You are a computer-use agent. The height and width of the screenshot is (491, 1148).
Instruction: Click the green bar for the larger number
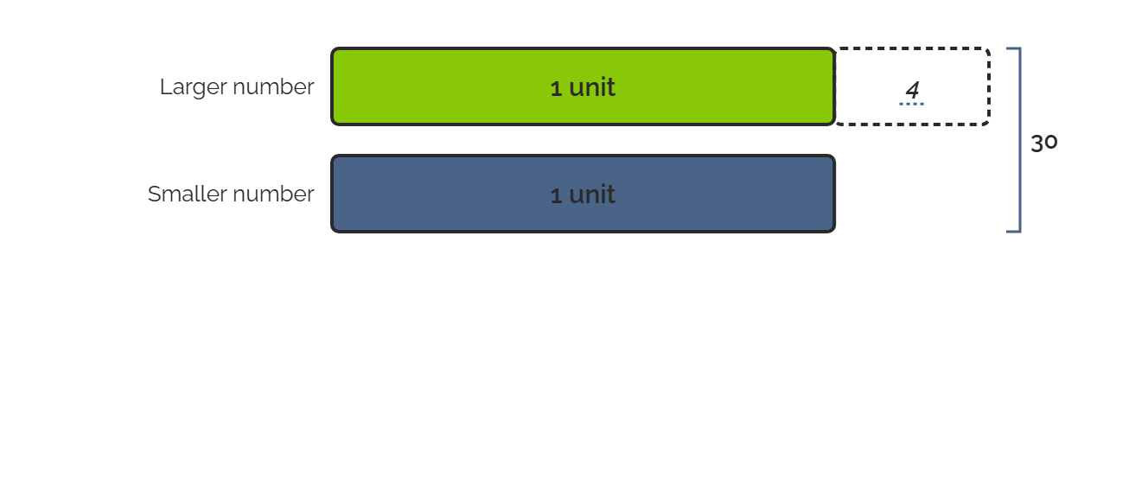584,86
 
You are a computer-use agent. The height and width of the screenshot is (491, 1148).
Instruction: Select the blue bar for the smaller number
584,194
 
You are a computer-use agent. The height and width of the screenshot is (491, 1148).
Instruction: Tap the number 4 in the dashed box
912,90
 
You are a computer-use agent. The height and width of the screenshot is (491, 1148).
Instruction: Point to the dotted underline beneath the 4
912,104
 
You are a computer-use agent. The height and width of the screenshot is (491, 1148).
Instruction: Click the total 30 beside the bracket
1044,143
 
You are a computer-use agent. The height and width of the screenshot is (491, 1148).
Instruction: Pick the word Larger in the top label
195,87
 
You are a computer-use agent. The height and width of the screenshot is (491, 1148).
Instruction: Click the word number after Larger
273,86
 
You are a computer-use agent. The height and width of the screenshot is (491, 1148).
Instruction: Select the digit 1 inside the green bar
556,89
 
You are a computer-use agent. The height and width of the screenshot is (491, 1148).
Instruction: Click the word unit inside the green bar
592,87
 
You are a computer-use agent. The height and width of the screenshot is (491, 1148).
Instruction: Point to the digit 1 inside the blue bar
556,195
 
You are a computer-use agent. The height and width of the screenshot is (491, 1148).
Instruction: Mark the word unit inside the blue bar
592,194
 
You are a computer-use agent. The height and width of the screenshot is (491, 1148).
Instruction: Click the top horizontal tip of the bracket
1007,48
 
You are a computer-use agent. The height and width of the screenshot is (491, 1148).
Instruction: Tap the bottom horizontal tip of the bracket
1007,232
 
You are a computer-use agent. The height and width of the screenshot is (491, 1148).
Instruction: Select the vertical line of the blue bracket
1020,140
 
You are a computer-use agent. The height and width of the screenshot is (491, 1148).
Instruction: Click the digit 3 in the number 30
1037,143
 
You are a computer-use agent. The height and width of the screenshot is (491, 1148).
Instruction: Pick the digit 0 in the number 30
1051,143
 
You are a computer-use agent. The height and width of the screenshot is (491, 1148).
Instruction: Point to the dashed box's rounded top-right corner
986,51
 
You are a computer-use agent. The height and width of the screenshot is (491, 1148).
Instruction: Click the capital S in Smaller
154,194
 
